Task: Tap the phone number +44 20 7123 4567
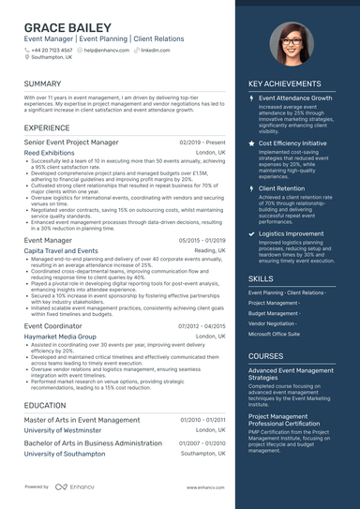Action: tap(52, 50)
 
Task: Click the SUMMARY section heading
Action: tap(43, 83)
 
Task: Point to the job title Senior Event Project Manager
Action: tap(71, 142)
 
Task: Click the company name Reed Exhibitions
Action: tap(49, 152)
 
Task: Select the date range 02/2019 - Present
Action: tap(202, 142)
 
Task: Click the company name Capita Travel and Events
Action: tap(61, 251)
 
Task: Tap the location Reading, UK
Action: tap(210, 251)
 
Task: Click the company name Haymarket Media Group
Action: tap(60, 336)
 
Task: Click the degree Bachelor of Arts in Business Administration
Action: tap(93, 442)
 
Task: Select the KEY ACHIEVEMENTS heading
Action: tap(291, 83)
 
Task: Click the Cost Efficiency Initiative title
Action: tap(292, 143)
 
